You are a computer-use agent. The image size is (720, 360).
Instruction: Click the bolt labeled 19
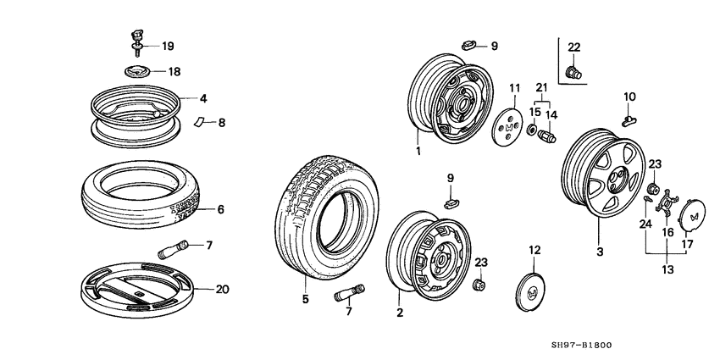click(x=136, y=37)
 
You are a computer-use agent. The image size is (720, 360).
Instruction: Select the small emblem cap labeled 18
click(x=136, y=73)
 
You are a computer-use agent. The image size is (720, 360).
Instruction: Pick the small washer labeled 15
click(x=533, y=130)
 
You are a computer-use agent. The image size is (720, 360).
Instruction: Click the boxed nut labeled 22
click(x=573, y=71)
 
